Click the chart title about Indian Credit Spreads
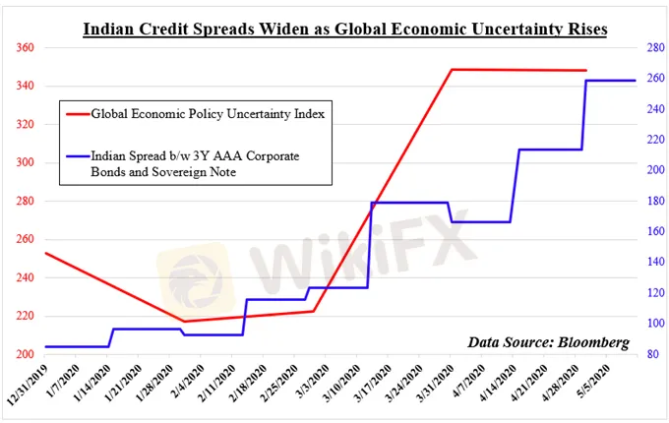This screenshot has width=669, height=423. pos(344,30)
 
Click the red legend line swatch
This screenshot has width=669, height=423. pos(74,114)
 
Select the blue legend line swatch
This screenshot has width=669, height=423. pos(74,156)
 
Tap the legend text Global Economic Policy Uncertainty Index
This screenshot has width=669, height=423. pos(208,114)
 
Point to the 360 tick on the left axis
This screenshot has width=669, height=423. pos(26,48)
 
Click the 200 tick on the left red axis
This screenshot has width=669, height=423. pos(26,354)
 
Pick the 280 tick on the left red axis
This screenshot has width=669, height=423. pos(26,202)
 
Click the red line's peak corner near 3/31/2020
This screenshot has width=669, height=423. pos(452,70)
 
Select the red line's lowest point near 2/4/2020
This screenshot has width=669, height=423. pos(184,321)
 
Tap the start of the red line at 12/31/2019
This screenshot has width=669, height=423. pos(45,253)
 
